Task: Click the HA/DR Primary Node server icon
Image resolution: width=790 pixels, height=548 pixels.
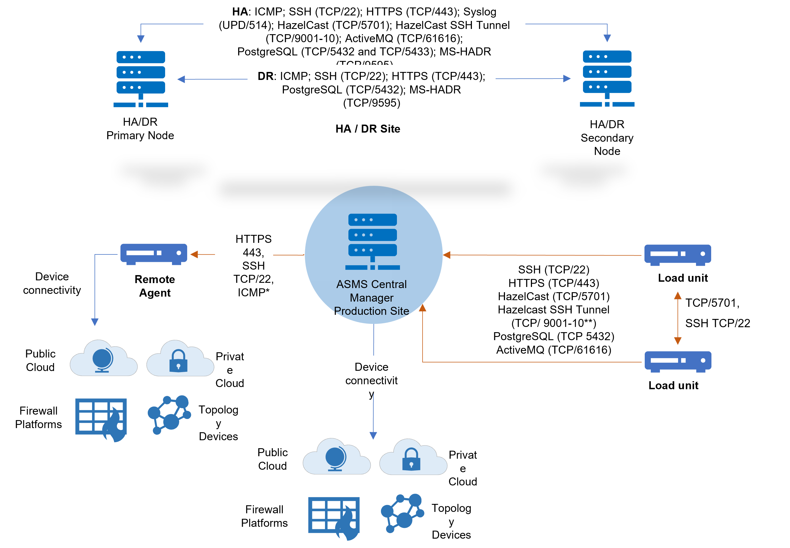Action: coord(141,79)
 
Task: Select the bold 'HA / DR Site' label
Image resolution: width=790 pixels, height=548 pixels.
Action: coord(368,129)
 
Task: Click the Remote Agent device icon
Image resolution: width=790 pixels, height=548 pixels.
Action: coord(154,254)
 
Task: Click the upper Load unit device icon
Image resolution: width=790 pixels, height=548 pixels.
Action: coord(677,255)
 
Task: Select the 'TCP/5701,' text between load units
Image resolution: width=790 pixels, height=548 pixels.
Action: coord(712,303)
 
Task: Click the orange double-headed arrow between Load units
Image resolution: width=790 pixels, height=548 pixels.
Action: coord(677,318)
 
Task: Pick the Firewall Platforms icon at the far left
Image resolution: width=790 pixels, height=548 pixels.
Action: coord(101,420)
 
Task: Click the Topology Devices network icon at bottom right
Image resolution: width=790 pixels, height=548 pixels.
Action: coord(402,513)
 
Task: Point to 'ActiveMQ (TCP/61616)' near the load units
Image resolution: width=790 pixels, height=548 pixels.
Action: coord(553,350)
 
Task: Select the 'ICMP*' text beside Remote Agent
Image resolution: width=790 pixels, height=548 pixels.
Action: coord(253,292)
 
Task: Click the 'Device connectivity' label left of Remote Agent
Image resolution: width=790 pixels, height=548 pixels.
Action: coord(52,283)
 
